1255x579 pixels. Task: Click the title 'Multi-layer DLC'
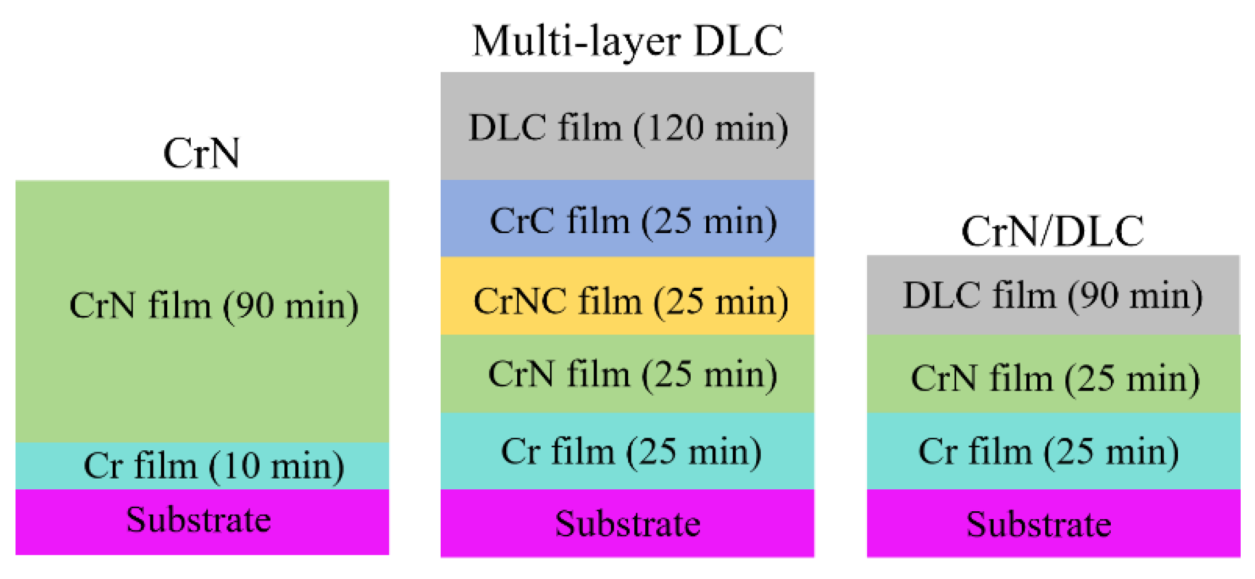pyautogui.click(x=627, y=41)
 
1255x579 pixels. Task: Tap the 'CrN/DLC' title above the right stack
pyautogui.click(x=1052, y=231)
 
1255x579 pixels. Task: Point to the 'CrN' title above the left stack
pyautogui.click(x=202, y=153)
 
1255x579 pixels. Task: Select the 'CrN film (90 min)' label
pyautogui.click(x=214, y=305)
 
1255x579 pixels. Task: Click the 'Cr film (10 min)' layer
pyautogui.click(x=214, y=465)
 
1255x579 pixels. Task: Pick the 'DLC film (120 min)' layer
pyautogui.click(x=628, y=127)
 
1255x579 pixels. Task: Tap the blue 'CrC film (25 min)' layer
pyautogui.click(x=633, y=221)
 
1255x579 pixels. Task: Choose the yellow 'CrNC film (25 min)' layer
pyautogui.click(x=630, y=301)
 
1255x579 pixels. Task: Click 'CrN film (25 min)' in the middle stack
pyautogui.click(x=633, y=374)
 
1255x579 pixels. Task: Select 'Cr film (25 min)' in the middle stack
pyautogui.click(x=630, y=451)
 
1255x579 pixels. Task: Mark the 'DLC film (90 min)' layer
pyautogui.click(x=1052, y=295)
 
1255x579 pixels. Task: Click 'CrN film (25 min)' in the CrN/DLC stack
pyautogui.click(x=1055, y=379)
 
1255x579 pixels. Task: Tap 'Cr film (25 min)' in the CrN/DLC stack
pyautogui.click(x=1048, y=451)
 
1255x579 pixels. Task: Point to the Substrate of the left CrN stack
pyautogui.click(x=199, y=520)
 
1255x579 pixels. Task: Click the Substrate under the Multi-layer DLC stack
pyautogui.click(x=627, y=524)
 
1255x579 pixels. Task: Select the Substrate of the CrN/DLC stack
pyautogui.click(x=1038, y=524)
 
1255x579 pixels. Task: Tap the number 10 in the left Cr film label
pyautogui.click(x=241, y=465)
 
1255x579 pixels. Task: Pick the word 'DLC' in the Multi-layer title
pyautogui.click(x=738, y=41)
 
